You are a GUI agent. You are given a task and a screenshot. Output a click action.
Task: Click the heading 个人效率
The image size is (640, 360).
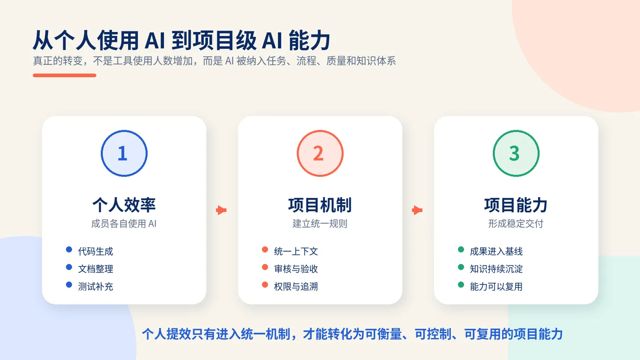tap(124, 205)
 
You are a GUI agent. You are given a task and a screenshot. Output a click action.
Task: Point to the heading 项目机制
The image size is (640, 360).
tap(320, 205)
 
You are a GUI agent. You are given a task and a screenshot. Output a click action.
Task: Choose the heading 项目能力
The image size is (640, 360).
tap(516, 205)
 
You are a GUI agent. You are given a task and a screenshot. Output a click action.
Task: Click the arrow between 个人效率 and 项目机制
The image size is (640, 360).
tap(221, 210)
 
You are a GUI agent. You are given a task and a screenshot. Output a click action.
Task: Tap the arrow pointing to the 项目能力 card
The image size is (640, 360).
tap(417, 210)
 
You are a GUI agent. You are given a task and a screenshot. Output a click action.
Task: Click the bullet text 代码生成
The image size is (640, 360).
tap(96, 252)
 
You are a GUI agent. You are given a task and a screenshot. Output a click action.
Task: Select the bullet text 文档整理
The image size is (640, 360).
tap(96, 269)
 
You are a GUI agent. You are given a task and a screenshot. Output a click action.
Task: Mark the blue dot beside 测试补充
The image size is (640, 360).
tap(69, 285)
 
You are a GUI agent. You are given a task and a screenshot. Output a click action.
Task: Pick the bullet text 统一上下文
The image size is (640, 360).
tap(296, 252)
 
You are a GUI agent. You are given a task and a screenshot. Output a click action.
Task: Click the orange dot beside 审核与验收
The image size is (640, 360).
tap(265, 267)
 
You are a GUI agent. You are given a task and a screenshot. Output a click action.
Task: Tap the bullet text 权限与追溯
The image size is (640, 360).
tap(296, 286)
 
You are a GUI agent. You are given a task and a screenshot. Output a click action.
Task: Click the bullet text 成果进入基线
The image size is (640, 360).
tap(496, 252)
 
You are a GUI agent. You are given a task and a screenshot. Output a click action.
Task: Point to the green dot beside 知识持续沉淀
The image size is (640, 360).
tap(461, 267)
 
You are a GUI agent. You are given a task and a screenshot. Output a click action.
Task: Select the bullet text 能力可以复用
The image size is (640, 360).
tap(496, 286)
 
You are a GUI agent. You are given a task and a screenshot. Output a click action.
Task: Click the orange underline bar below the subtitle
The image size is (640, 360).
tap(64, 75)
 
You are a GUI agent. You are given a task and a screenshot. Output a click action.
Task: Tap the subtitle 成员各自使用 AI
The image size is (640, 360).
tap(124, 223)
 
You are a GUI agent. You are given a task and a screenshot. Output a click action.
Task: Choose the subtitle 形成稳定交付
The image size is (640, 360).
tap(516, 223)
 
